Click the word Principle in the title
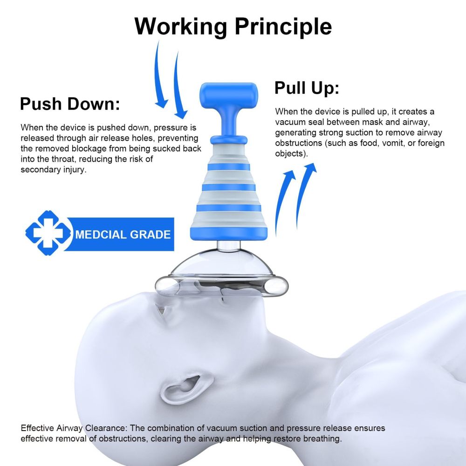coord(283,27)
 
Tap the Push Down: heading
coord(70,104)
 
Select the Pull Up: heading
coord(307,88)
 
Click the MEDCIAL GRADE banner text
coord(123,234)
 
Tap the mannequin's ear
coord(184,386)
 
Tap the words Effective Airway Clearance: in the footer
coord(74,428)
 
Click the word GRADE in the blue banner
coord(150,234)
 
